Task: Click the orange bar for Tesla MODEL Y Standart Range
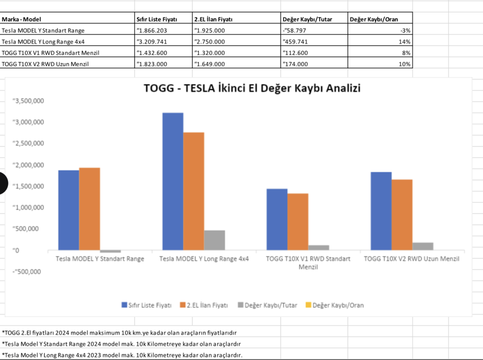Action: [x=89, y=208]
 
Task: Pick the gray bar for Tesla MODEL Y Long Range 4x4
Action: [x=215, y=240]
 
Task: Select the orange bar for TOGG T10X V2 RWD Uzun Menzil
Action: [x=402, y=214]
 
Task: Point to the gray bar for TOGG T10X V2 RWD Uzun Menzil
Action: [x=423, y=246]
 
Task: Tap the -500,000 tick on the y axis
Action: [x=27, y=271]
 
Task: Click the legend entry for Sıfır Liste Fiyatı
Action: [x=147, y=305]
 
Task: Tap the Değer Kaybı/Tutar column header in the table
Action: [x=307, y=19]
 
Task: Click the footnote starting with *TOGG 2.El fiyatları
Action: [x=119, y=333]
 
